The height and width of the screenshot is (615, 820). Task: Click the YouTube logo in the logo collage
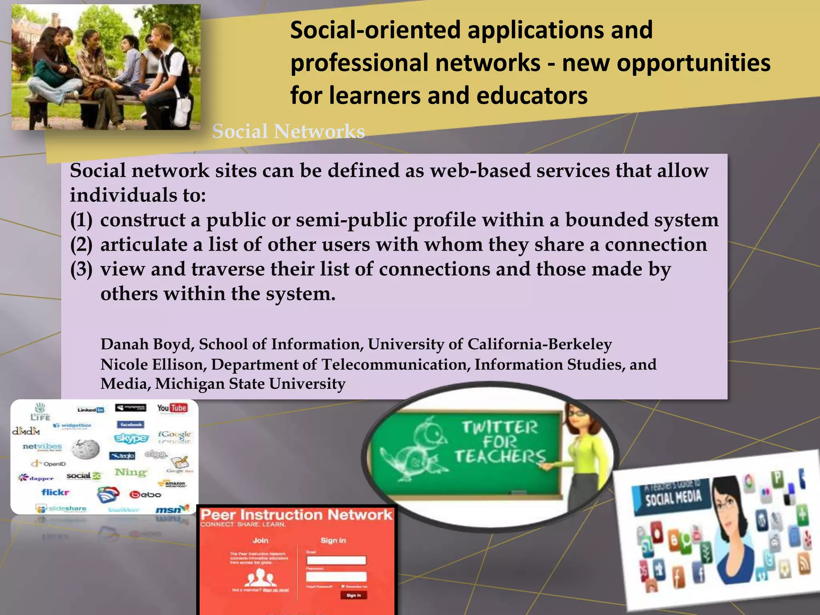pos(172,408)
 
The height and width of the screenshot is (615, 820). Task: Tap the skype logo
pos(131,438)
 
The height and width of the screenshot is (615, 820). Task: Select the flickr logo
pos(56,492)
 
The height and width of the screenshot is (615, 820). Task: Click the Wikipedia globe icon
pos(86,448)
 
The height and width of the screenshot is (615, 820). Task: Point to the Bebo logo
pos(145,494)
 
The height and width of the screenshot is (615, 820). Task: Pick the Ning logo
pos(131,472)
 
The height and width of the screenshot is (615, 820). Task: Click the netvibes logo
pos(42,446)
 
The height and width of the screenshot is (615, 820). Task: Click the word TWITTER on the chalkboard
pos(500,428)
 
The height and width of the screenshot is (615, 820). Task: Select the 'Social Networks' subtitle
pos(288,131)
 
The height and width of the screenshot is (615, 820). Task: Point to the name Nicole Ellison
pos(152,364)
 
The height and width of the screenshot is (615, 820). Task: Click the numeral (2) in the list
pos(81,245)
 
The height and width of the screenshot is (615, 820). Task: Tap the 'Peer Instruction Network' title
pos(296,515)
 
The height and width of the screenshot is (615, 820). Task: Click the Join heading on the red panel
pos(260,540)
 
